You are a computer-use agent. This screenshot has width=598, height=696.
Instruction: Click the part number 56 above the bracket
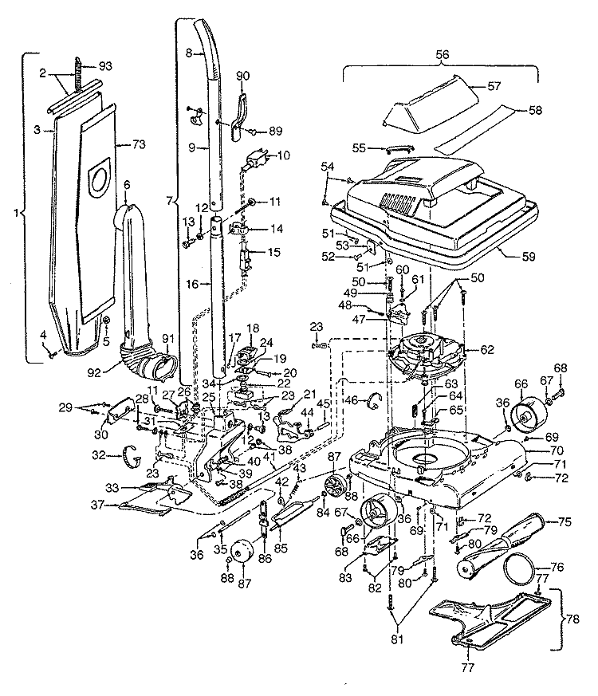tap(443, 54)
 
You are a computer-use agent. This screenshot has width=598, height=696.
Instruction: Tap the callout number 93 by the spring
tap(105, 66)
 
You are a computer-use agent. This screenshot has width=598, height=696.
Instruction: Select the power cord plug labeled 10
tap(255, 159)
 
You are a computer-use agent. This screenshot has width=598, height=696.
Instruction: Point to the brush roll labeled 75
tap(499, 546)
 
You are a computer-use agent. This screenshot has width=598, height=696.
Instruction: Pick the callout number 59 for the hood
tap(529, 257)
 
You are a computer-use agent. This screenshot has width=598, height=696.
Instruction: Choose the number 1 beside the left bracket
tap(16, 213)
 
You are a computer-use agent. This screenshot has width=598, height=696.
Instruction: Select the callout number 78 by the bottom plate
tap(572, 619)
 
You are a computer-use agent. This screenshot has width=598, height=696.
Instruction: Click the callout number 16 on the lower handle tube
tap(192, 284)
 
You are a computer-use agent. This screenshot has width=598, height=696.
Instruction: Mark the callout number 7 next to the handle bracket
tap(169, 201)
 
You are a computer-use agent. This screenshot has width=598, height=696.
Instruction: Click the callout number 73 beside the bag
tap(139, 145)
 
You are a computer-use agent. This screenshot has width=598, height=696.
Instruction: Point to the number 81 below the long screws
tap(397, 639)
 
